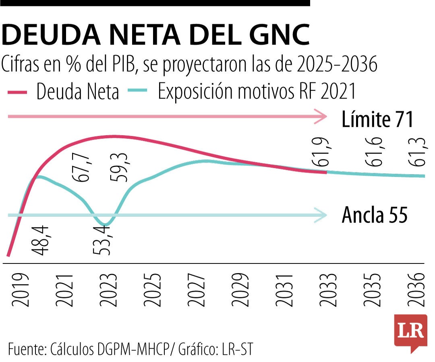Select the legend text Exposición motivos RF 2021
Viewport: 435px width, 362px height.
click(x=257, y=92)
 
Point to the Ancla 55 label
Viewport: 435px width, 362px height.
click(x=375, y=215)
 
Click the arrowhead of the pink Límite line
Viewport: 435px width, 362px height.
click(x=321, y=117)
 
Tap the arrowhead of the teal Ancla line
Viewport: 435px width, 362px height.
click(x=321, y=215)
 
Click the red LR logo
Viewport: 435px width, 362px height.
click(x=410, y=331)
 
